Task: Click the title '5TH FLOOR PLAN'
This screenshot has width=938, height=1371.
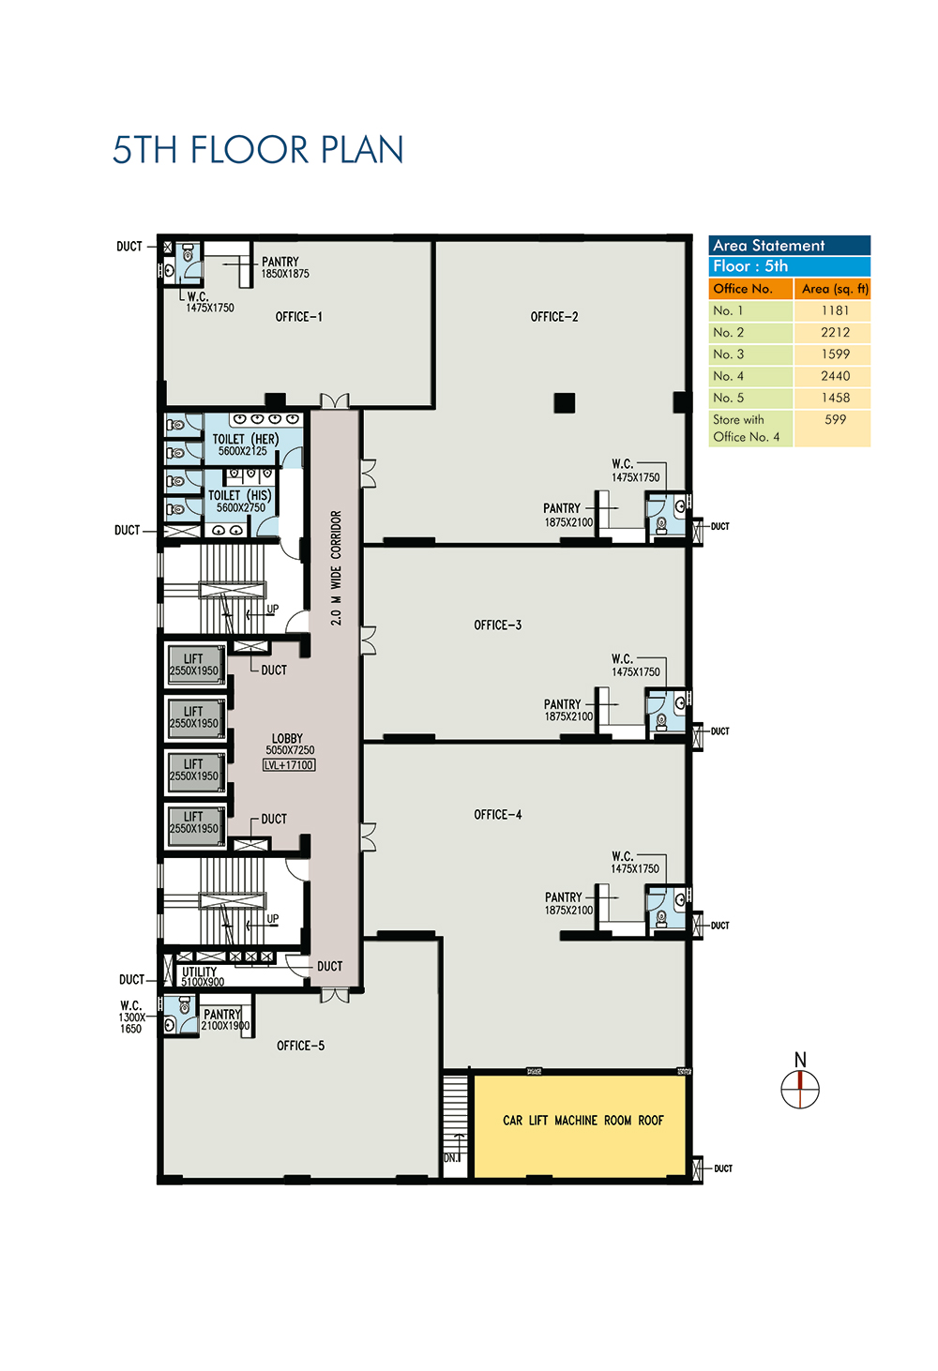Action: coord(258,150)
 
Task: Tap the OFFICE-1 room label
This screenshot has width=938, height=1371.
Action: coord(298,317)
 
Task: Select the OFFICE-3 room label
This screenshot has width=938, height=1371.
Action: coord(497,625)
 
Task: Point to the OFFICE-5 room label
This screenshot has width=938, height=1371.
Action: coord(300,1046)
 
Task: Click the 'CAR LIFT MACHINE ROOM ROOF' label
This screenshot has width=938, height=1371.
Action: coord(582,1120)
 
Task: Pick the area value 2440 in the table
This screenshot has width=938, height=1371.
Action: coord(835,376)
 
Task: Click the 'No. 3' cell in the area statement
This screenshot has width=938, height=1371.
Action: coord(728,354)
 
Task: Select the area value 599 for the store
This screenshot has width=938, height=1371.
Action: coord(835,419)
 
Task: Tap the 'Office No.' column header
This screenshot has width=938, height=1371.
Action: coord(743,288)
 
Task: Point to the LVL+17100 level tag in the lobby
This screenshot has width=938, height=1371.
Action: coord(289,765)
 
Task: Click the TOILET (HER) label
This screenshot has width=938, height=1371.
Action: coord(245,439)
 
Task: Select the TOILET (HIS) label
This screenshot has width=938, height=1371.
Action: coord(239,495)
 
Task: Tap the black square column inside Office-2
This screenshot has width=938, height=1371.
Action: coord(565,402)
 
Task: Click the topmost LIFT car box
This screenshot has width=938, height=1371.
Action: coord(195,665)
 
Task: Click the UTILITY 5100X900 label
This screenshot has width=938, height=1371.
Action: coord(202,976)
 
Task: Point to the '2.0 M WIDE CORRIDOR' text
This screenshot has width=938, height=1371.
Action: coord(336,568)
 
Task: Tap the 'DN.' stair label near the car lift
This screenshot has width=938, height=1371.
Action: coord(452,1158)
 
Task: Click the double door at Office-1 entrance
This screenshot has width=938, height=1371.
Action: coord(334,401)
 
